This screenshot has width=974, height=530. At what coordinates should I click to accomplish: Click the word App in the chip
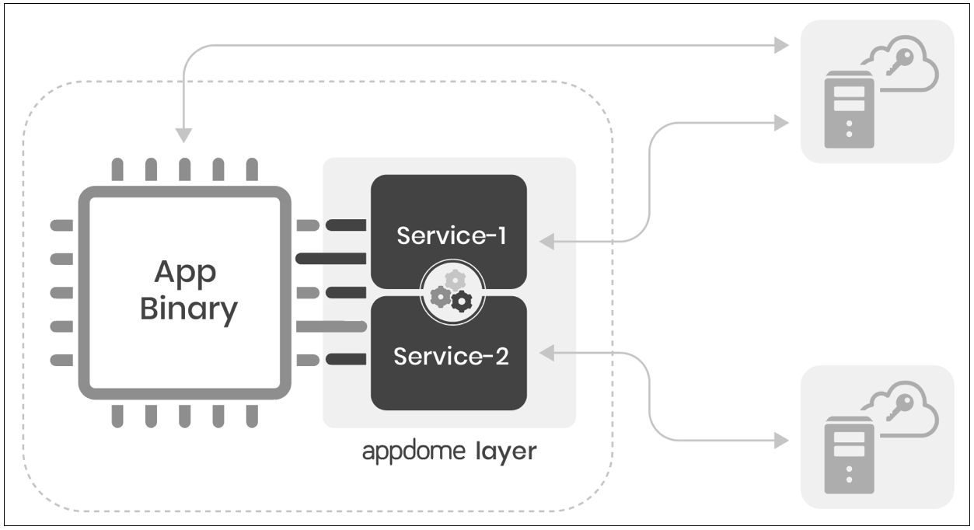pyautogui.click(x=185, y=273)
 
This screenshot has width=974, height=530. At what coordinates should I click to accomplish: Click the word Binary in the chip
pyautogui.click(x=188, y=309)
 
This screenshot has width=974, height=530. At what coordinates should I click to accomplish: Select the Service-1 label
pyautogui.click(x=451, y=235)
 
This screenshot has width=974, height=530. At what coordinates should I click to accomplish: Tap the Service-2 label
pyautogui.click(x=451, y=357)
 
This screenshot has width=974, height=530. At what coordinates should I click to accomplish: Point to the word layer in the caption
pyautogui.click(x=505, y=452)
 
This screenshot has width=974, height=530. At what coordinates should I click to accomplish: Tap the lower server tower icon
pyautogui.click(x=849, y=455)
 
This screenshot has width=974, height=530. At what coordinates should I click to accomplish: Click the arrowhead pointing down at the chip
pyautogui.click(x=183, y=135)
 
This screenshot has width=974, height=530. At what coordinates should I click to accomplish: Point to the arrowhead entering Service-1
pyautogui.click(x=547, y=242)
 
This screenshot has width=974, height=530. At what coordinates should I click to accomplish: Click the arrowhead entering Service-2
pyautogui.click(x=547, y=354)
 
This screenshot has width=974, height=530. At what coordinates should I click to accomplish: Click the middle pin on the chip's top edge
pyautogui.click(x=184, y=169)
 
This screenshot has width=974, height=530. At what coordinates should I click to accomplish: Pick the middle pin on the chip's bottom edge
pyautogui.click(x=184, y=416)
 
